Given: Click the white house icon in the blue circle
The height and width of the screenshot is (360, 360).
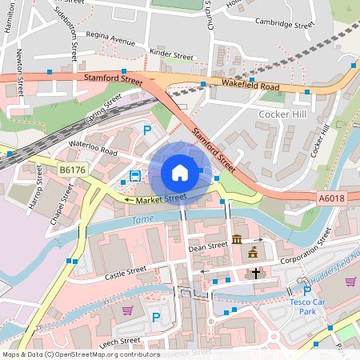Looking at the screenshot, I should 180,172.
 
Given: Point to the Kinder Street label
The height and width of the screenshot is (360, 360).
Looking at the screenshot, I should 171,57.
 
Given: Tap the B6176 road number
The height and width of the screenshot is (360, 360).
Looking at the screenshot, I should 72,170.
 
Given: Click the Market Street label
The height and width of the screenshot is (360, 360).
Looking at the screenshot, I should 160,198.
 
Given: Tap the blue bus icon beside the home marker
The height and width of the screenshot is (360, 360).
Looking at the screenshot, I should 135,176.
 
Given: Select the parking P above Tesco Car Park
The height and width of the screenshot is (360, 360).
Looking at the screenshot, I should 306,292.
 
